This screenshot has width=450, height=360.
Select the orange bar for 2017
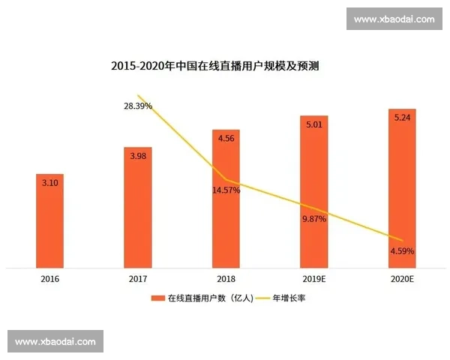[138, 217]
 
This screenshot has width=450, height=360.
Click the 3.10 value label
[50, 182]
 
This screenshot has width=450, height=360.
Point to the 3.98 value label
[138, 156]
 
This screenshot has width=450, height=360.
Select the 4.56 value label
[226, 138]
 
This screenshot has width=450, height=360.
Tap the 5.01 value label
[313, 124]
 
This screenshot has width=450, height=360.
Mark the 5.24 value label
[402, 118]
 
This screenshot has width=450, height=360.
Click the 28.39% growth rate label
[138, 106]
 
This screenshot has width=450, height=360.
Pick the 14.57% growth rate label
[226, 190]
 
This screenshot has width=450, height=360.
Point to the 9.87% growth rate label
[314, 218]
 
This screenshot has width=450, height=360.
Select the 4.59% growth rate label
[402, 250]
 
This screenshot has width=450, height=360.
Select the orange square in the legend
[157, 298]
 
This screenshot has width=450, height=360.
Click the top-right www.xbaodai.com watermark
[393, 19]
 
